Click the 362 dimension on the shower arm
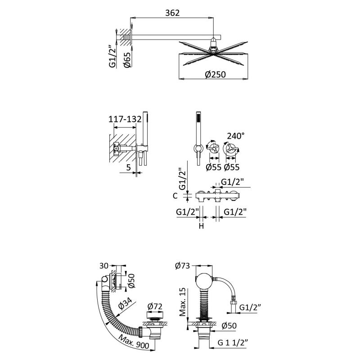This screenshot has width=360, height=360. [x=172, y=13]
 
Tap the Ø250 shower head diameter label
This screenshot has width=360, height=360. [x=216, y=74]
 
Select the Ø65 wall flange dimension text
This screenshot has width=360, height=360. [x=127, y=60]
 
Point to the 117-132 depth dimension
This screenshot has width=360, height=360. [x=125, y=119]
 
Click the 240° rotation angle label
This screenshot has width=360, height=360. [x=235, y=136]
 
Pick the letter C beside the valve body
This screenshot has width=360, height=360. [x=175, y=196]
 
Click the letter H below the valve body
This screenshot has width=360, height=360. [x=201, y=226]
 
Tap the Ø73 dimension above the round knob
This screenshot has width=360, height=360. [x=183, y=265]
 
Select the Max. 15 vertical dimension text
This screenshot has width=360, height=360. [x=183, y=302]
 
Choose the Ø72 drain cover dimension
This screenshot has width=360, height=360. [x=155, y=306]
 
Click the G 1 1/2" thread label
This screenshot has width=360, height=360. [x=233, y=342]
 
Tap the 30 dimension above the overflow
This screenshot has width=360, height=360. [x=104, y=265]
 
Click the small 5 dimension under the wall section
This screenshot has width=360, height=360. [x=129, y=167]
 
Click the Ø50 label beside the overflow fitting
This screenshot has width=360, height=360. [x=131, y=281]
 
